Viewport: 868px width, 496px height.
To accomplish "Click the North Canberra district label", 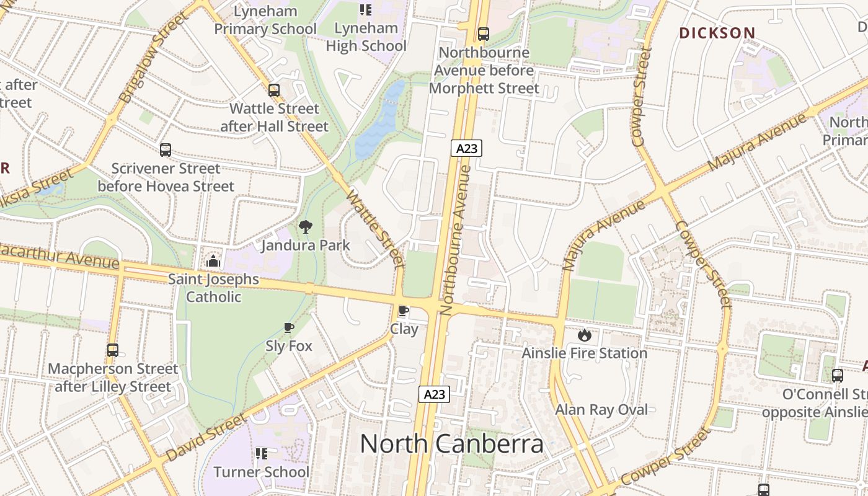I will point(451,444).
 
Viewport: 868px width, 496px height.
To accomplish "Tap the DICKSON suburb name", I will point(717,33).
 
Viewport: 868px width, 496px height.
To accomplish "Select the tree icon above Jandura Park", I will point(306,228).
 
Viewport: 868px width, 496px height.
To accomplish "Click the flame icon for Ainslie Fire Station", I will point(584,335).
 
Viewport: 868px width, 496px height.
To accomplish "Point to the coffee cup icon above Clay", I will point(404,311).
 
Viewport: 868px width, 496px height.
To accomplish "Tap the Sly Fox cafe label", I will point(289,345).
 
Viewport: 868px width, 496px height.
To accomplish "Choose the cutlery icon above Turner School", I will point(262,454).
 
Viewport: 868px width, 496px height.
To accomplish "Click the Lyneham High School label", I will point(366,37).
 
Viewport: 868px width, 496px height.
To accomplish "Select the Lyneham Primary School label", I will point(265,20).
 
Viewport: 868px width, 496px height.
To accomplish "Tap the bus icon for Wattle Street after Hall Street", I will point(274,91).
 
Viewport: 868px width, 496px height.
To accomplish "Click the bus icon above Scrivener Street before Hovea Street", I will point(166,149).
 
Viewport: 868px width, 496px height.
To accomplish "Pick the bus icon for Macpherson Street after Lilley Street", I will point(113,350).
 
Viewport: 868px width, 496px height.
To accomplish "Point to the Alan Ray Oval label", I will point(601,409).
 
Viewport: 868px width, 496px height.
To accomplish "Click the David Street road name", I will point(206,437).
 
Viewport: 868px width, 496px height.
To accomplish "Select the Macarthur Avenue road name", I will point(59,256).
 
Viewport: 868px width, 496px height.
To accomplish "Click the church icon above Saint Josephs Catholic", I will point(214,261).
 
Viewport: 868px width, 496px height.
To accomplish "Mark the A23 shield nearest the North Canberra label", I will point(433,394).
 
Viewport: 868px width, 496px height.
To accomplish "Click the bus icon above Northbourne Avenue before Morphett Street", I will point(483,34).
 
